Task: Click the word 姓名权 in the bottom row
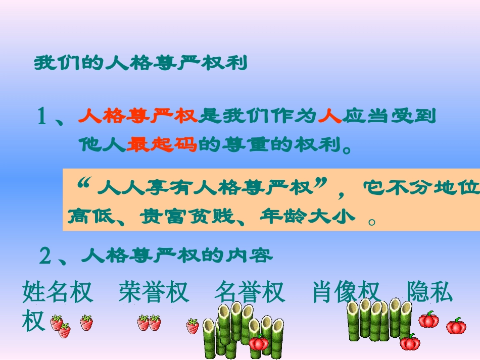pos(58,292)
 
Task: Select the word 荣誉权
pos(154,292)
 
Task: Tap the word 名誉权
pos(249,292)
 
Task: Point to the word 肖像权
pos(346,292)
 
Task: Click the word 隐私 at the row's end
pos(429,292)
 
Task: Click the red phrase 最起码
pos(162,145)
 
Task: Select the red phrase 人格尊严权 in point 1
pos(137,116)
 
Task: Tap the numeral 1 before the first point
pos(42,117)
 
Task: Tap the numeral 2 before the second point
pos(45,257)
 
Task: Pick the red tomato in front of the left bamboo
pos(258,343)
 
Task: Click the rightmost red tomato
pos(456,326)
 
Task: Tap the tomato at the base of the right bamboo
pos(410,342)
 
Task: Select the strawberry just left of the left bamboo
pos(193,326)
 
